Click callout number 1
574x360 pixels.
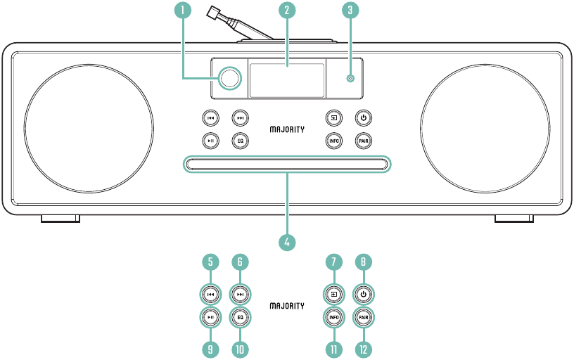pyautogui.click(x=183, y=10)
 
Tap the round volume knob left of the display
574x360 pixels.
pyautogui.click(x=230, y=78)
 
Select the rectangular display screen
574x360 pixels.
pyautogui.click(x=287, y=80)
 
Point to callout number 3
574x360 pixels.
pyautogui.click(x=350, y=10)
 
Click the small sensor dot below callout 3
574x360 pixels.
pyautogui.click(x=351, y=78)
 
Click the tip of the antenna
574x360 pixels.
pyautogui.click(x=211, y=12)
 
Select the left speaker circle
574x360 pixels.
pyautogui.click(x=89, y=129)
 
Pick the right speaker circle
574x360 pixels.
pyautogui.click(x=485, y=129)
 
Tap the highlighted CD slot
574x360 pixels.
pyautogui.click(x=287, y=164)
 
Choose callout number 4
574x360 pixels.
pyautogui.click(x=287, y=242)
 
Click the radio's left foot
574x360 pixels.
pyautogui.click(x=60, y=219)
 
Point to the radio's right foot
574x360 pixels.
pyautogui.click(x=514, y=219)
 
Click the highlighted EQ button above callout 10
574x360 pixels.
pyautogui.click(x=240, y=317)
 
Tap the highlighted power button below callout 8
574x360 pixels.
pyautogui.click(x=363, y=295)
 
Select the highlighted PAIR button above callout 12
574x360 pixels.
pyautogui.click(x=363, y=317)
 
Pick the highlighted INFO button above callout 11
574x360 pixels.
pyautogui.click(x=334, y=317)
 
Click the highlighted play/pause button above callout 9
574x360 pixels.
pyautogui.click(x=210, y=317)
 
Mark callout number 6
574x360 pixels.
pyautogui.click(x=240, y=262)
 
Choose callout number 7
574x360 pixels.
pyautogui.click(x=334, y=262)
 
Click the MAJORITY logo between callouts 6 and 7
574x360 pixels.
pyautogui.click(x=287, y=306)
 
